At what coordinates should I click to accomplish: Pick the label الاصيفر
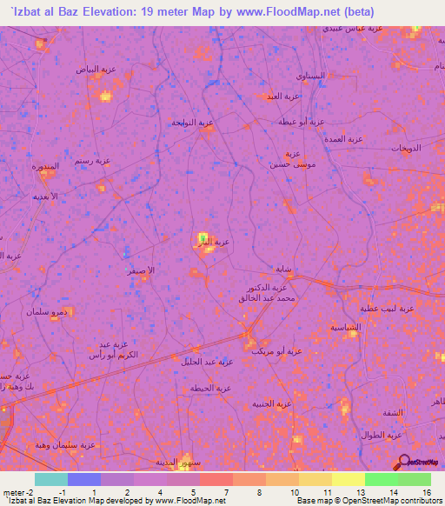point(140,270)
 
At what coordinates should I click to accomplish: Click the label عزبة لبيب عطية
point(389,309)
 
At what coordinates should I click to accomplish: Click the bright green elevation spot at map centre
point(203,237)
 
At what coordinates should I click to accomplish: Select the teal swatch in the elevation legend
point(50,479)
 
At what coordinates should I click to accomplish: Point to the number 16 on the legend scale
point(427,492)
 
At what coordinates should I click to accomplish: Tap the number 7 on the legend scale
point(226,492)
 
